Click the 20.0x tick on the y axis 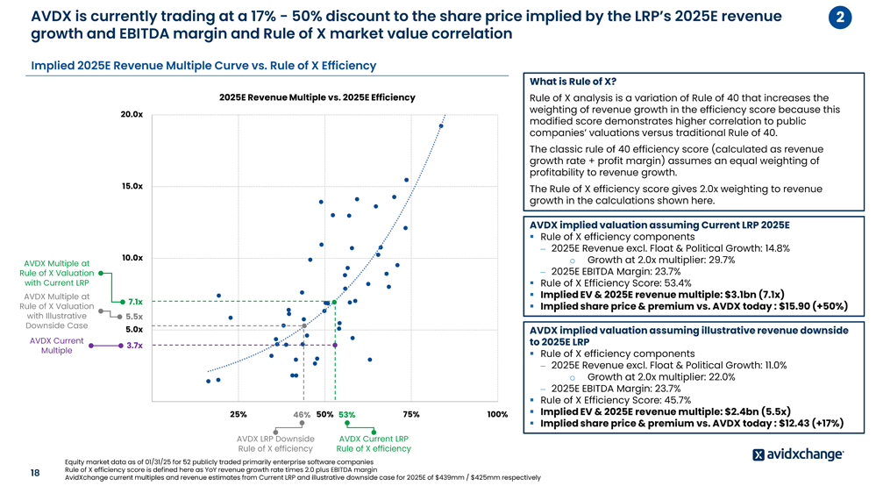click(x=132, y=115)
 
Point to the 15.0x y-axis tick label click(x=132, y=186)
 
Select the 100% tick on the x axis click(x=497, y=414)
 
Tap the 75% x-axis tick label click(x=410, y=414)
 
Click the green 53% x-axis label click(x=346, y=415)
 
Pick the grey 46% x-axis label click(x=303, y=415)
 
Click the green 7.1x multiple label click(x=135, y=302)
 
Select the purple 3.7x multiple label click(x=134, y=346)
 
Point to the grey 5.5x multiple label click(x=134, y=317)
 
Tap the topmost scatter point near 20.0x click(x=441, y=126)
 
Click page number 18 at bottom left click(x=35, y=473)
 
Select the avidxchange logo click(x=798, y=454)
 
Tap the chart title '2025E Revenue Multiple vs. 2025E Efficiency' click(x=317, y=97)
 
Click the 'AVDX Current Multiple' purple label click(x=56, y=346)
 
